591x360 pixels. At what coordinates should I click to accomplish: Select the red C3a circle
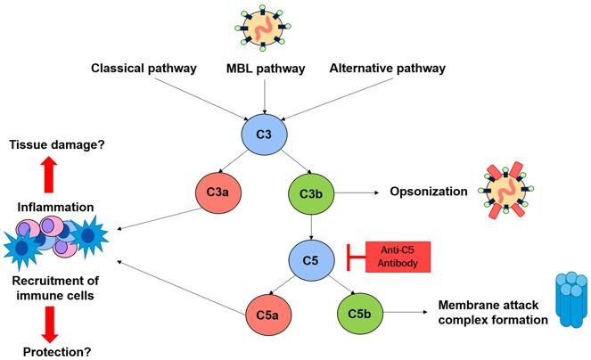tap(219, 191)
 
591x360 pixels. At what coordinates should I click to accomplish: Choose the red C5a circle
tap(270, 315)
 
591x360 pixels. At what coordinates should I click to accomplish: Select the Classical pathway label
tap(143, 67)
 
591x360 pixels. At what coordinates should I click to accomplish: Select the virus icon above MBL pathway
tap(264, 26)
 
